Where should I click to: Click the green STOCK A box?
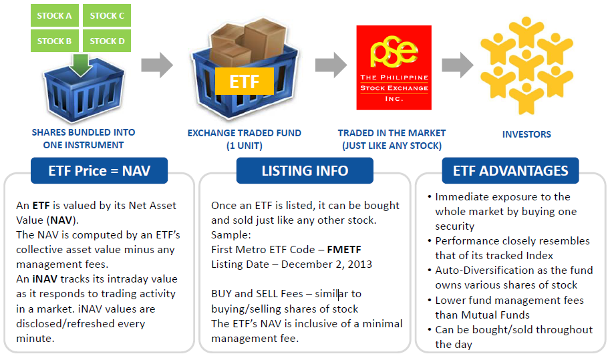[55, 15]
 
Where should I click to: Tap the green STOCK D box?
[107, 41]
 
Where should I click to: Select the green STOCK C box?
[107, 15]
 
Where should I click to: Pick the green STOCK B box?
[55, 41]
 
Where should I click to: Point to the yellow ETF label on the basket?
[244, 81]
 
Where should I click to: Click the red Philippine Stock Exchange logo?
[392, 67]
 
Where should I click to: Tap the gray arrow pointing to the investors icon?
[458, 65]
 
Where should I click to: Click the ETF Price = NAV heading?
[99, 171]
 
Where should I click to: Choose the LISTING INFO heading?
[305, 171]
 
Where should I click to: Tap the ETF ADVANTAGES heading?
[510, 171]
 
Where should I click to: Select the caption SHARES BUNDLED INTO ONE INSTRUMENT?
[84, 139]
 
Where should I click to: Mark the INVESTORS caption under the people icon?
[526, 134]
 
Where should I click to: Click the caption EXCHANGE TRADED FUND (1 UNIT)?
[244, 139]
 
